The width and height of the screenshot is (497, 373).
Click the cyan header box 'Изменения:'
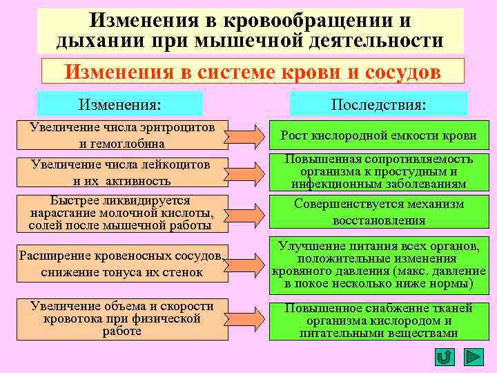coord(120,104)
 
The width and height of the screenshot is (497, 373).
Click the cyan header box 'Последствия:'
coord(378,104)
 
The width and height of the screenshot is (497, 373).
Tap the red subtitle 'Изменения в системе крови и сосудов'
coord(253,72)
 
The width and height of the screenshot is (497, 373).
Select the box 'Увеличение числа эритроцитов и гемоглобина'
coord(122,135)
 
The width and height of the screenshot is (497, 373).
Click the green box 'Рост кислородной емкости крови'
coord(378,137)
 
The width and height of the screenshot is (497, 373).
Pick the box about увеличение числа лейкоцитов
coord(122,172)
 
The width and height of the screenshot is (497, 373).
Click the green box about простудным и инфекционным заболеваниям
coord(378,172)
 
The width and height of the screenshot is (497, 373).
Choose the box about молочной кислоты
coord(122,213)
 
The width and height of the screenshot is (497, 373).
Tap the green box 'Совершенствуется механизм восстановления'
coord(378,213)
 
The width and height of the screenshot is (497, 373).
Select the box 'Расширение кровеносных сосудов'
coord(122,264)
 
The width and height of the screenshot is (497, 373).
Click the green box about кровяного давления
coord(378,264)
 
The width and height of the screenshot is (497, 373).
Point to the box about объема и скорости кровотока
coord(122,319)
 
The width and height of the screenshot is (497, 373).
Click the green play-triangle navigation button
coord(473,357)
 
